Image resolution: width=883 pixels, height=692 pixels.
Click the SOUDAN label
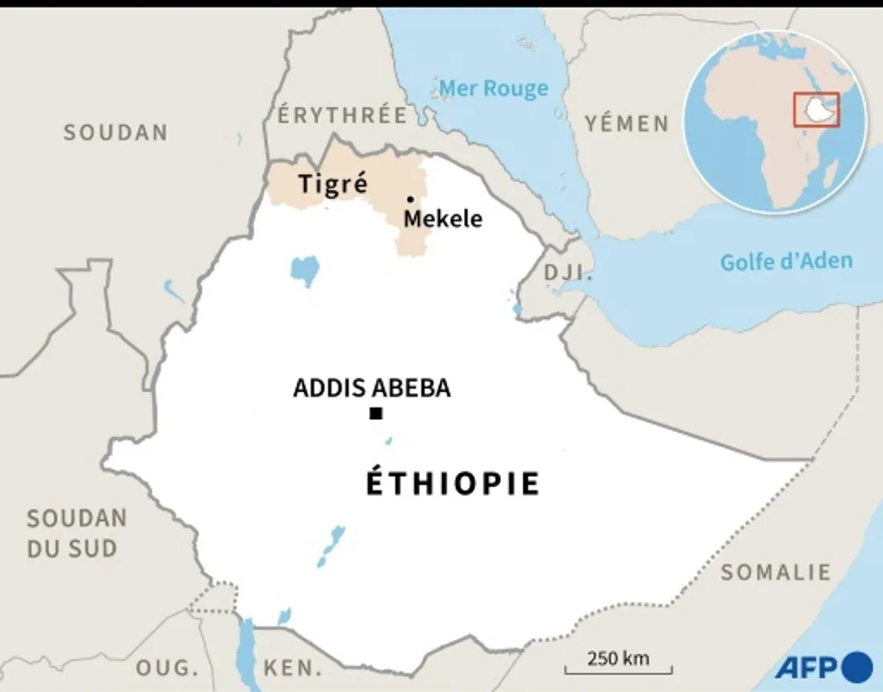[x=116, y=132]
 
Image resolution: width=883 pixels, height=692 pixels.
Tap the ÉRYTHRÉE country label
[x=342, y=115]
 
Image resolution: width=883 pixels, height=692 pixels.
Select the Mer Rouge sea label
[x=494, y=88]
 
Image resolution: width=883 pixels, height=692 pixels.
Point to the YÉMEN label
[x=627, y=123]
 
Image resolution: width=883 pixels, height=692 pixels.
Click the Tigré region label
[x=333, y=184]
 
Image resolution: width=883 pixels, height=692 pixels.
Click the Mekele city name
[x=443, y=218]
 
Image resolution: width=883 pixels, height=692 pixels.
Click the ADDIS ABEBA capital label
[x=372, y=389]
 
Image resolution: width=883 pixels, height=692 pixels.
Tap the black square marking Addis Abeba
[x=375, y=414]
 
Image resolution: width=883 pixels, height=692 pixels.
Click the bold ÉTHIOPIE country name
[x=454, y=484]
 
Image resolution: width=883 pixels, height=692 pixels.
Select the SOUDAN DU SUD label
[x=76, y=534]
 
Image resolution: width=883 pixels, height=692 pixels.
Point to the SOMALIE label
[x=775, y=572]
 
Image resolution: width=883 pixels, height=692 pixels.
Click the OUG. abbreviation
[x=167, y=667]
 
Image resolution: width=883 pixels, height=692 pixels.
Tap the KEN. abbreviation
[x=294, y=667]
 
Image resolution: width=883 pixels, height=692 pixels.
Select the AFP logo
[x=824, y=666]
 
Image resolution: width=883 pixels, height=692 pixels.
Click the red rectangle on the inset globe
[x=816, y=109]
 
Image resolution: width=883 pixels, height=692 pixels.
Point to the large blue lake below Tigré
[x=305, y=270]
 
